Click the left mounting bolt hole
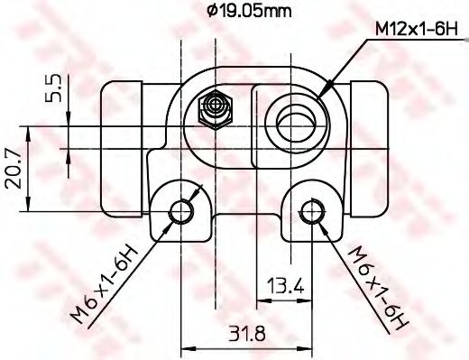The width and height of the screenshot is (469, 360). pos(181,211)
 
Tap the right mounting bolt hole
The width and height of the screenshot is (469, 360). pos(312,211)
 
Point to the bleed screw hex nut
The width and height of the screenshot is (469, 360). pos(213,111)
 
